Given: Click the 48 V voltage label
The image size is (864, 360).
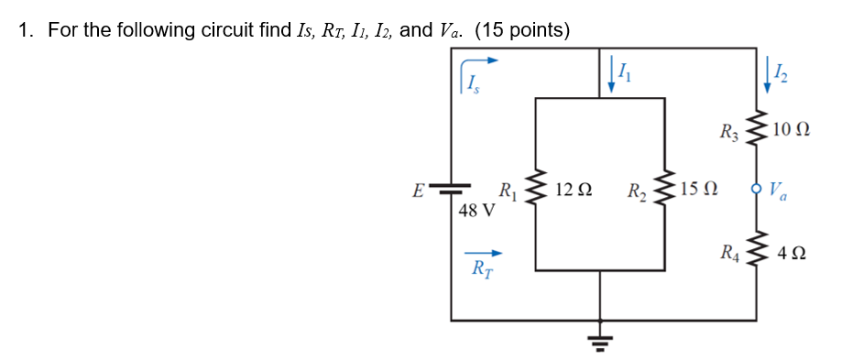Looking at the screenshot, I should pos(476,211).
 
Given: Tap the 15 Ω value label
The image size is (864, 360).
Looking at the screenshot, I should pos(701,191).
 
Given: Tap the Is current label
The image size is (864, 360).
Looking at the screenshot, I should pos(472,86).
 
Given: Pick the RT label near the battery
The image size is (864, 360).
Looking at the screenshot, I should pos(480,269).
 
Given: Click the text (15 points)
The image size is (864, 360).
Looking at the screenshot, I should pos(522,30).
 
